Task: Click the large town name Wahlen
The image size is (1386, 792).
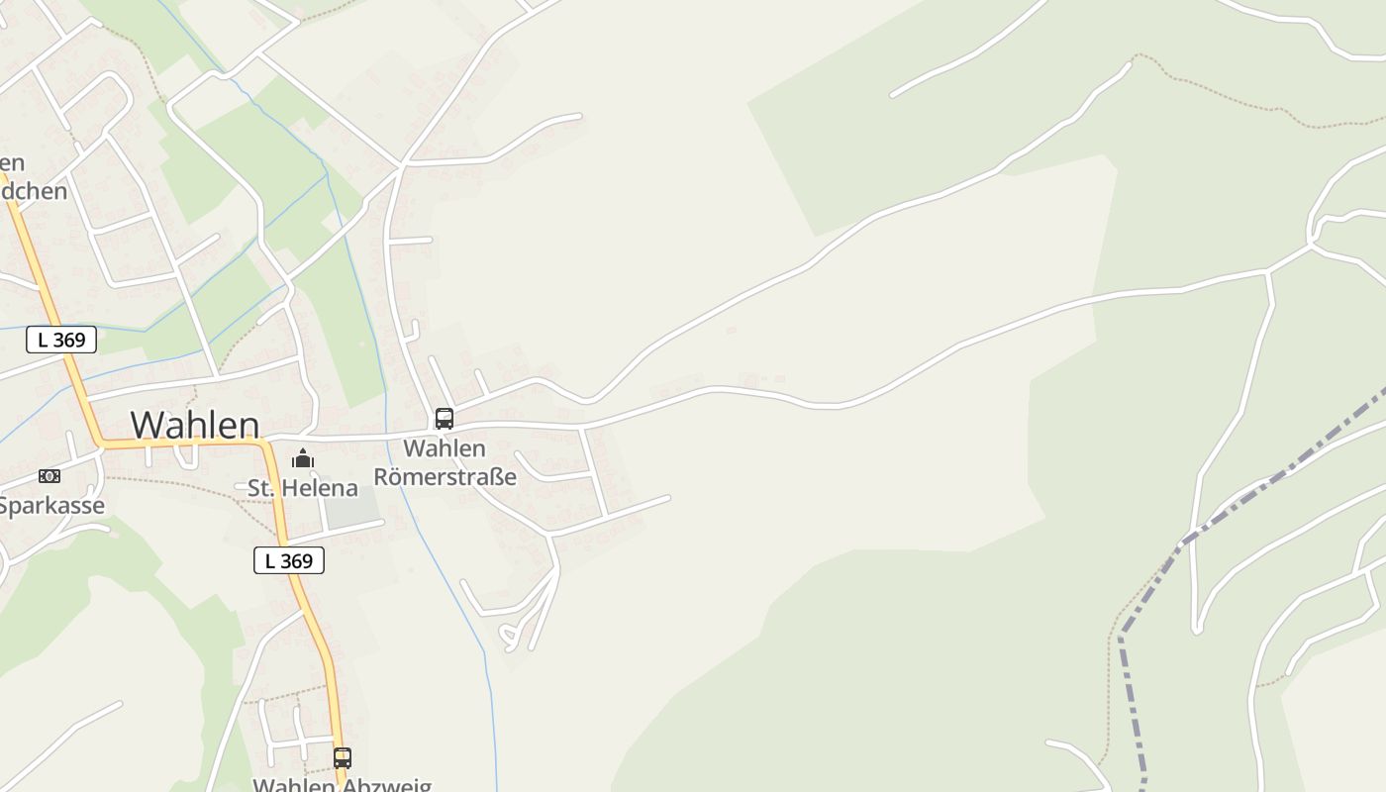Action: (x=195, y=425)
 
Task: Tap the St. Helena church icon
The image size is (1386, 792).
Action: (x=303, y=458)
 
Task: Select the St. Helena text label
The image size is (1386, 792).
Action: (x=302, y=488)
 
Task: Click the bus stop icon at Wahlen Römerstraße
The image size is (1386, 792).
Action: (x=445, y=419)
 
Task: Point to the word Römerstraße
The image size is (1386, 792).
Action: (x=445, y=477)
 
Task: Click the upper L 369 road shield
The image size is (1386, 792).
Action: (x=61, y=340)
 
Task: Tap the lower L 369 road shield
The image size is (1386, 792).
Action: (x=289, y=561)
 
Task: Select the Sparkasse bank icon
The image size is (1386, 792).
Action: (x=49, y=476)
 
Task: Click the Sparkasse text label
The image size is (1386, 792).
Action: (x=51, y=506)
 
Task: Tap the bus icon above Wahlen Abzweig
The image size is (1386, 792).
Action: (x=343, y=758)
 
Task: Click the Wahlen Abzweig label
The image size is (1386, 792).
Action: (x=343, y=785)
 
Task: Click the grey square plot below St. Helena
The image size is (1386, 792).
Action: (x=351, y=508)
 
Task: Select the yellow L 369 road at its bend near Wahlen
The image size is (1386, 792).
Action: (x=265, y=447)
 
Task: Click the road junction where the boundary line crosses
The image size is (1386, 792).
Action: (x=1182, y=543)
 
